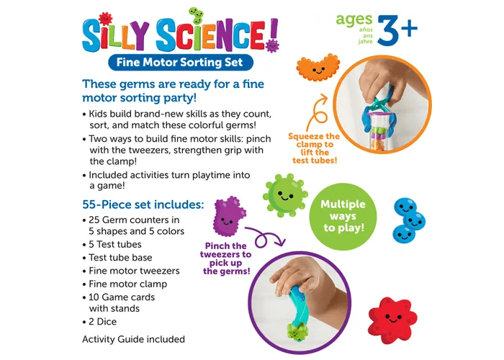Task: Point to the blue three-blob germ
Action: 410,219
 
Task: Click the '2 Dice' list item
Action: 101,322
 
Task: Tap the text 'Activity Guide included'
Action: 133,339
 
